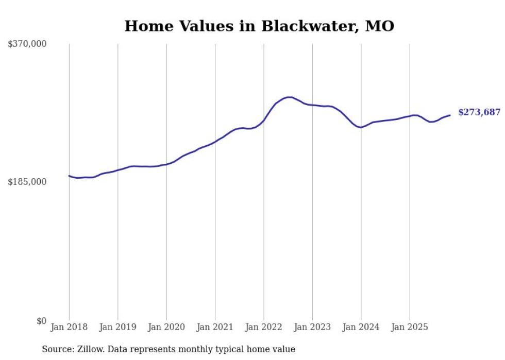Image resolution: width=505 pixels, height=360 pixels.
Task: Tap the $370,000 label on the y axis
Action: pyautogui.click(x=27, y=44)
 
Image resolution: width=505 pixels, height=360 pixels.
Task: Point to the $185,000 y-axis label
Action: pyautogui.click(x=27, y=182)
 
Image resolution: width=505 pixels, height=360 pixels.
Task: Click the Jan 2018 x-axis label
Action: pyautogui.click(x=69, y=327)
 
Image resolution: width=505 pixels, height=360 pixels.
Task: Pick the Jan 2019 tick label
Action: pyautogui.click(x=117, y=327)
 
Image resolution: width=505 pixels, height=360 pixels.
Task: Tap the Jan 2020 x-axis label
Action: pyautogui.click(x=166, y=327)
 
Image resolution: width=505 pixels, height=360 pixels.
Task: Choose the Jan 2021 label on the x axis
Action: pyautogui.click(x=215, y=327)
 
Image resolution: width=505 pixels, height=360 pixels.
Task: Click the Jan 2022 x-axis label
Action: pyautogui.click(x=264, y=327)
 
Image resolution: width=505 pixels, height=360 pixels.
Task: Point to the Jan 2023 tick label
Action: pyautogui.click(x=312, y=327)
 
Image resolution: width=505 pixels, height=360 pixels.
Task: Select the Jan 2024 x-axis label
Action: pyautogui.click(x=361, y=327)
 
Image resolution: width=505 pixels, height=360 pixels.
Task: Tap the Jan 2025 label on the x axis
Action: pyautogui.click(x=410, y=327)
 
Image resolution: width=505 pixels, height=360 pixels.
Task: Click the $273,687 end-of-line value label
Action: pyautogui.click(x=479, y=112)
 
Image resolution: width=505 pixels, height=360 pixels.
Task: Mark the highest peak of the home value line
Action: pyautogui.click(x=290, y=97)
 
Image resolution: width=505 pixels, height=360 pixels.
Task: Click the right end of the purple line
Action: pyautogui.click(x=450, y=115)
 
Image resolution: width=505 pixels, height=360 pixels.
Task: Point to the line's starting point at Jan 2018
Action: pyautogui.click(x=69, y=176)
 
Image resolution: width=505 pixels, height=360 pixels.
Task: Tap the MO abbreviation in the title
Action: pyautogui.click(x=380, y=26)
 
